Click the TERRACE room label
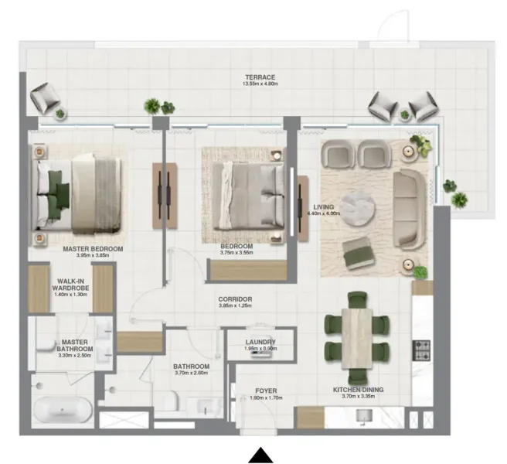point(260,77)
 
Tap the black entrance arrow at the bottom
point(260,455)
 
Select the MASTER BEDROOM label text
point(93,249)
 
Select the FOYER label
point(265,391)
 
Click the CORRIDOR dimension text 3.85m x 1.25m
point(235,306)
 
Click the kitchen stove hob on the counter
point(422,350)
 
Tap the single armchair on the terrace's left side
point(44,99)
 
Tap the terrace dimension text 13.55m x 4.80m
point(260,86)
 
